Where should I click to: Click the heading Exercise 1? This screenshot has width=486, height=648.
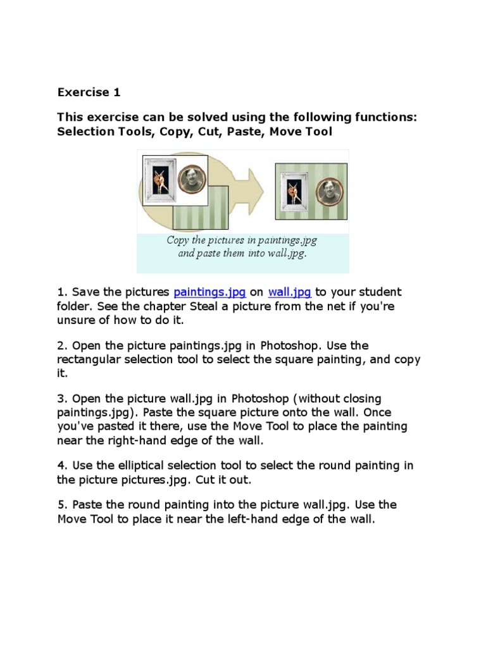pyautogui.click(x=89, y=92)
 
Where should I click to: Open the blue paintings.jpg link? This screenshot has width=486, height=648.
pyautogui.click(x=209, y=292)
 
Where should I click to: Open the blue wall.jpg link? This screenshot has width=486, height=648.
pyautogui.click(x=289, y=292)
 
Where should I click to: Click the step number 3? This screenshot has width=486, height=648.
pyautogui.click(x=61, y=399)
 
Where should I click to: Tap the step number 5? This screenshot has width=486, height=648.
pyautogui.click(x=61, y=505)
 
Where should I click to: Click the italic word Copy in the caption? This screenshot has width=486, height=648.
pyautogui.click(x=178, y=240)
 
